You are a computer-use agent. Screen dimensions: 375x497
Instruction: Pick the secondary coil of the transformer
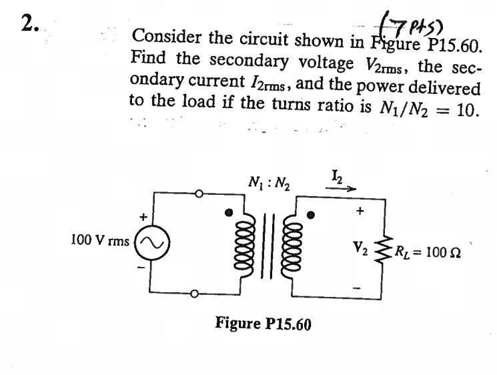290,246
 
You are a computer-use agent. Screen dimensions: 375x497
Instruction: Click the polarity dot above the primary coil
229,213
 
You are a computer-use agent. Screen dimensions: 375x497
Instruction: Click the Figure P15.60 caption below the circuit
263,324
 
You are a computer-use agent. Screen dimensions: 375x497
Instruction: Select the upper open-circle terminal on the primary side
197,192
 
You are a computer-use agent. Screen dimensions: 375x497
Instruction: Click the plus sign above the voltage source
141,218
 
